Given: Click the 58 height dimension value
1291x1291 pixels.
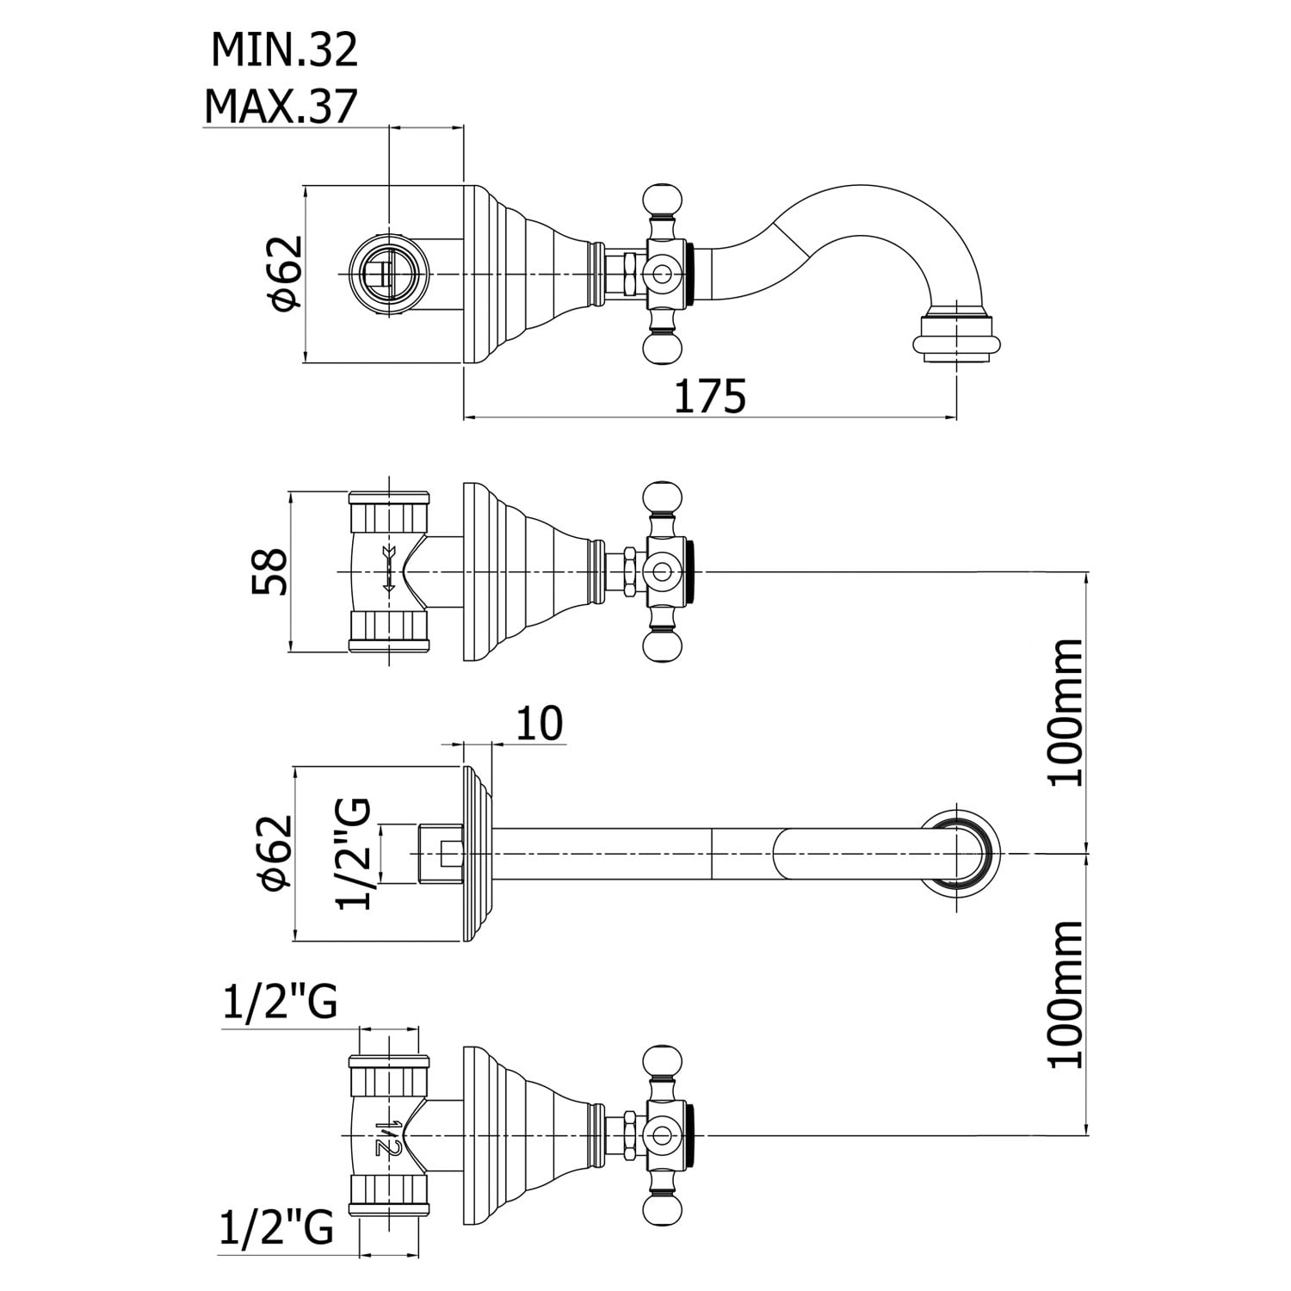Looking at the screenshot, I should pos(269,571).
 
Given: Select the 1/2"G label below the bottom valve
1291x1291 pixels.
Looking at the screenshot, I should pos(277,1228).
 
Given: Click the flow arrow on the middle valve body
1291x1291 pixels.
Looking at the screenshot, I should pos(387,569).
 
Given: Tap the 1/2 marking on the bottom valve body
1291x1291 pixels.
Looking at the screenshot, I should pos(388,1137).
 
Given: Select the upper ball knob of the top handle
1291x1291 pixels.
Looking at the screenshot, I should pos(661,200).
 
